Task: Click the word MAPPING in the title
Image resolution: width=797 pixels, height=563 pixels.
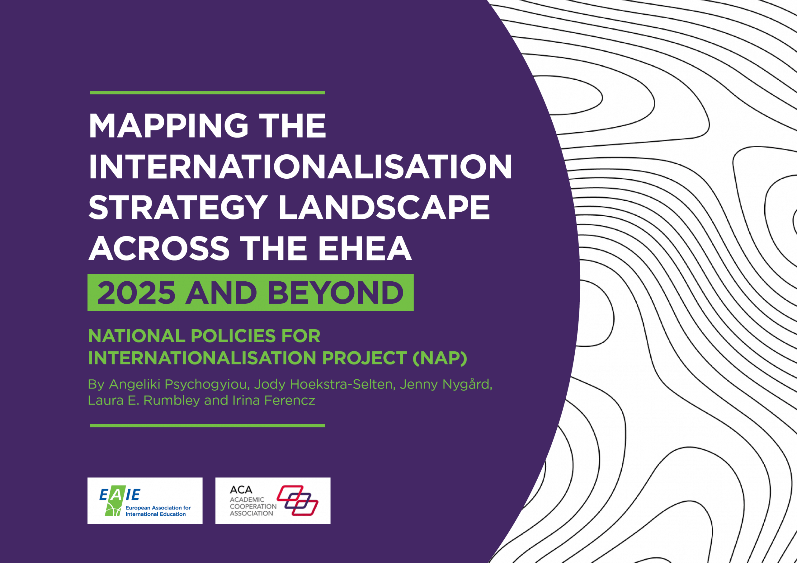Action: tap(169, 125)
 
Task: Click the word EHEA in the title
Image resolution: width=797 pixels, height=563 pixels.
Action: tap(365, 248)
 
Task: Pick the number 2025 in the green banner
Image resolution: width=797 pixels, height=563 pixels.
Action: tap(136, 293)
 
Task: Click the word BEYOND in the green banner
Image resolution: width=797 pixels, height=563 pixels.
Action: tap(335, 293)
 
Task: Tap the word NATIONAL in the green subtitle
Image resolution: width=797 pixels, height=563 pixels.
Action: tap(137, 336)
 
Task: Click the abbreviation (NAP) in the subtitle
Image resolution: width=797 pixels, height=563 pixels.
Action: tap(440, 358)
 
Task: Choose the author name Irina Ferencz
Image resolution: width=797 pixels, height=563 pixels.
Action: tap(274, 401)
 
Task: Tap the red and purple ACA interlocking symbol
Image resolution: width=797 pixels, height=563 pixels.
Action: tap(298, 500)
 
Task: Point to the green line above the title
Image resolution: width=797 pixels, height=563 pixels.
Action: tap(208, 93)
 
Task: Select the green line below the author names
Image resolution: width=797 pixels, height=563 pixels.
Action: tap(208, 425)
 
